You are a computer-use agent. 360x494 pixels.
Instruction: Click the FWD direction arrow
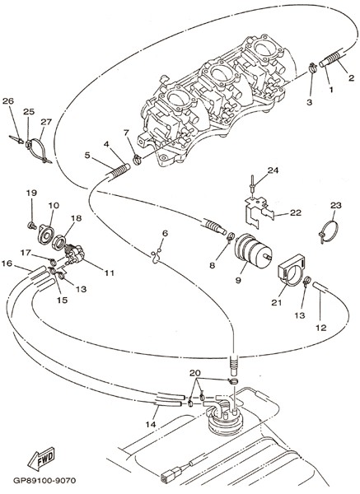pos(41,459)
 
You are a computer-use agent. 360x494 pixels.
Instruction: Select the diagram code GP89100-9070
pos(44,481)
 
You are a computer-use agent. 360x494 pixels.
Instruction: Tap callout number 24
pos(274,170)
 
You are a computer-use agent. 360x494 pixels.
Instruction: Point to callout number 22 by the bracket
pos(296,212)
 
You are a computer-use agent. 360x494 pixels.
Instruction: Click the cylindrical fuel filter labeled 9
pos(253,250)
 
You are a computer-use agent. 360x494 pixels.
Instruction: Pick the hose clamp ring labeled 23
pos(329,232)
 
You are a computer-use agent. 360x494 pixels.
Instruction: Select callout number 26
pos(8,100)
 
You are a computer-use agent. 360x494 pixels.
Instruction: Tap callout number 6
pos(165,233)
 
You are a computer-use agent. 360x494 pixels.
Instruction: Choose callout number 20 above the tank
pos(195,373)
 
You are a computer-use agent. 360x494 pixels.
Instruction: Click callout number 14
pos(151,424)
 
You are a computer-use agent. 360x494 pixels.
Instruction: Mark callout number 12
pos(321,328)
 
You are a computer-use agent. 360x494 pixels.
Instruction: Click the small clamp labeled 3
pos(312,67)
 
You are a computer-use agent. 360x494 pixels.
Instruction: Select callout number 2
pos(351,77)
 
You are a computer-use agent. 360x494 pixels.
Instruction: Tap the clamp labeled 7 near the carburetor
pos(137,160)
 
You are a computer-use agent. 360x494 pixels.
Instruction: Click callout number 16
pos(7,263)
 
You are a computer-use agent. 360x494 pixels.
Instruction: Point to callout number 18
pos(76,218)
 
